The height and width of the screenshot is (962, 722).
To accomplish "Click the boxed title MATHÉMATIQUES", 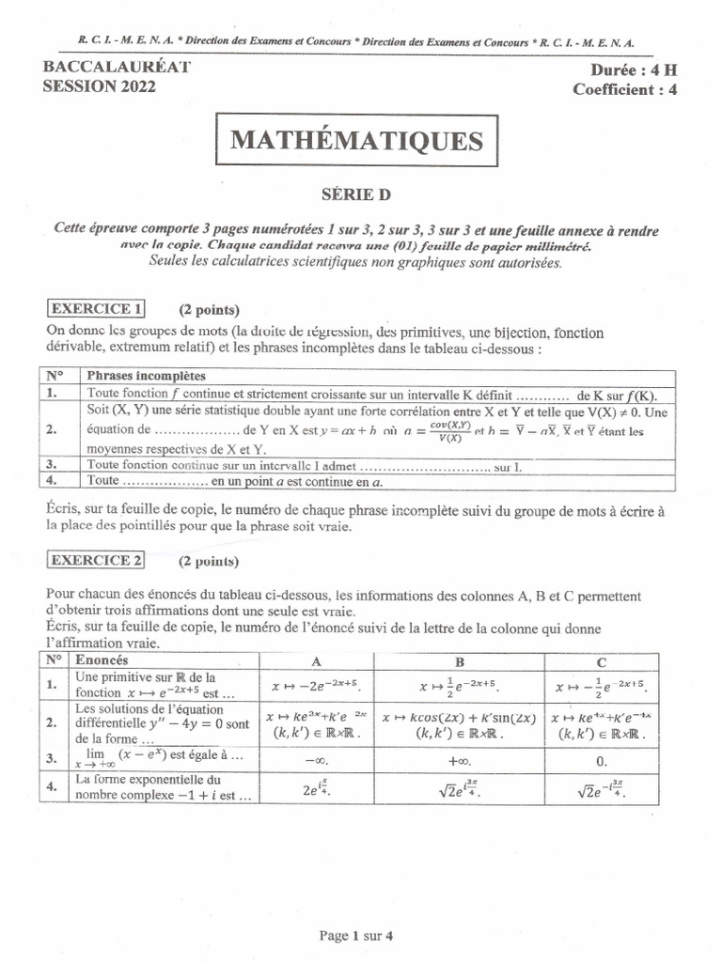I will click(355, 141).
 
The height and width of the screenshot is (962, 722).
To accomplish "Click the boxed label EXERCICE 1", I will click(97, 308).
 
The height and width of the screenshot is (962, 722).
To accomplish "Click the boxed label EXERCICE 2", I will click(97, 561).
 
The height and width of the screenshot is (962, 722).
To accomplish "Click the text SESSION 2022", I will click(100, 86).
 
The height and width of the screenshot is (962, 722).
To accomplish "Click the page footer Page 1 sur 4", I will click(356, 935).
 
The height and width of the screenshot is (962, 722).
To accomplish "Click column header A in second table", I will click(316, 660).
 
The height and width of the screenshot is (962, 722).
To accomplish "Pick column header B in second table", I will click(460, 660).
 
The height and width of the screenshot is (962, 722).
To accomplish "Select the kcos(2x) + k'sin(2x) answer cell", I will click(460, 725).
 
